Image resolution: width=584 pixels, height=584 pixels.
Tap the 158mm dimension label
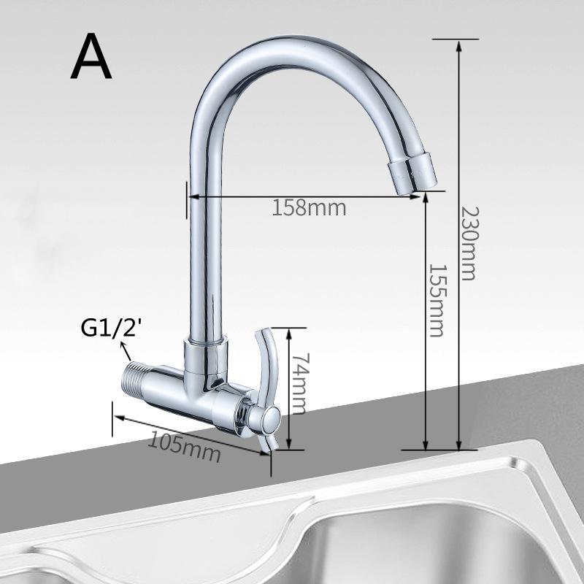click(x=309, y=207)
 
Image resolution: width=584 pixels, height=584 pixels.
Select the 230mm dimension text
click(x=467, y=244)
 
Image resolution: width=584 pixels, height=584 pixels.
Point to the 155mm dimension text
click(x=436, y=299)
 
